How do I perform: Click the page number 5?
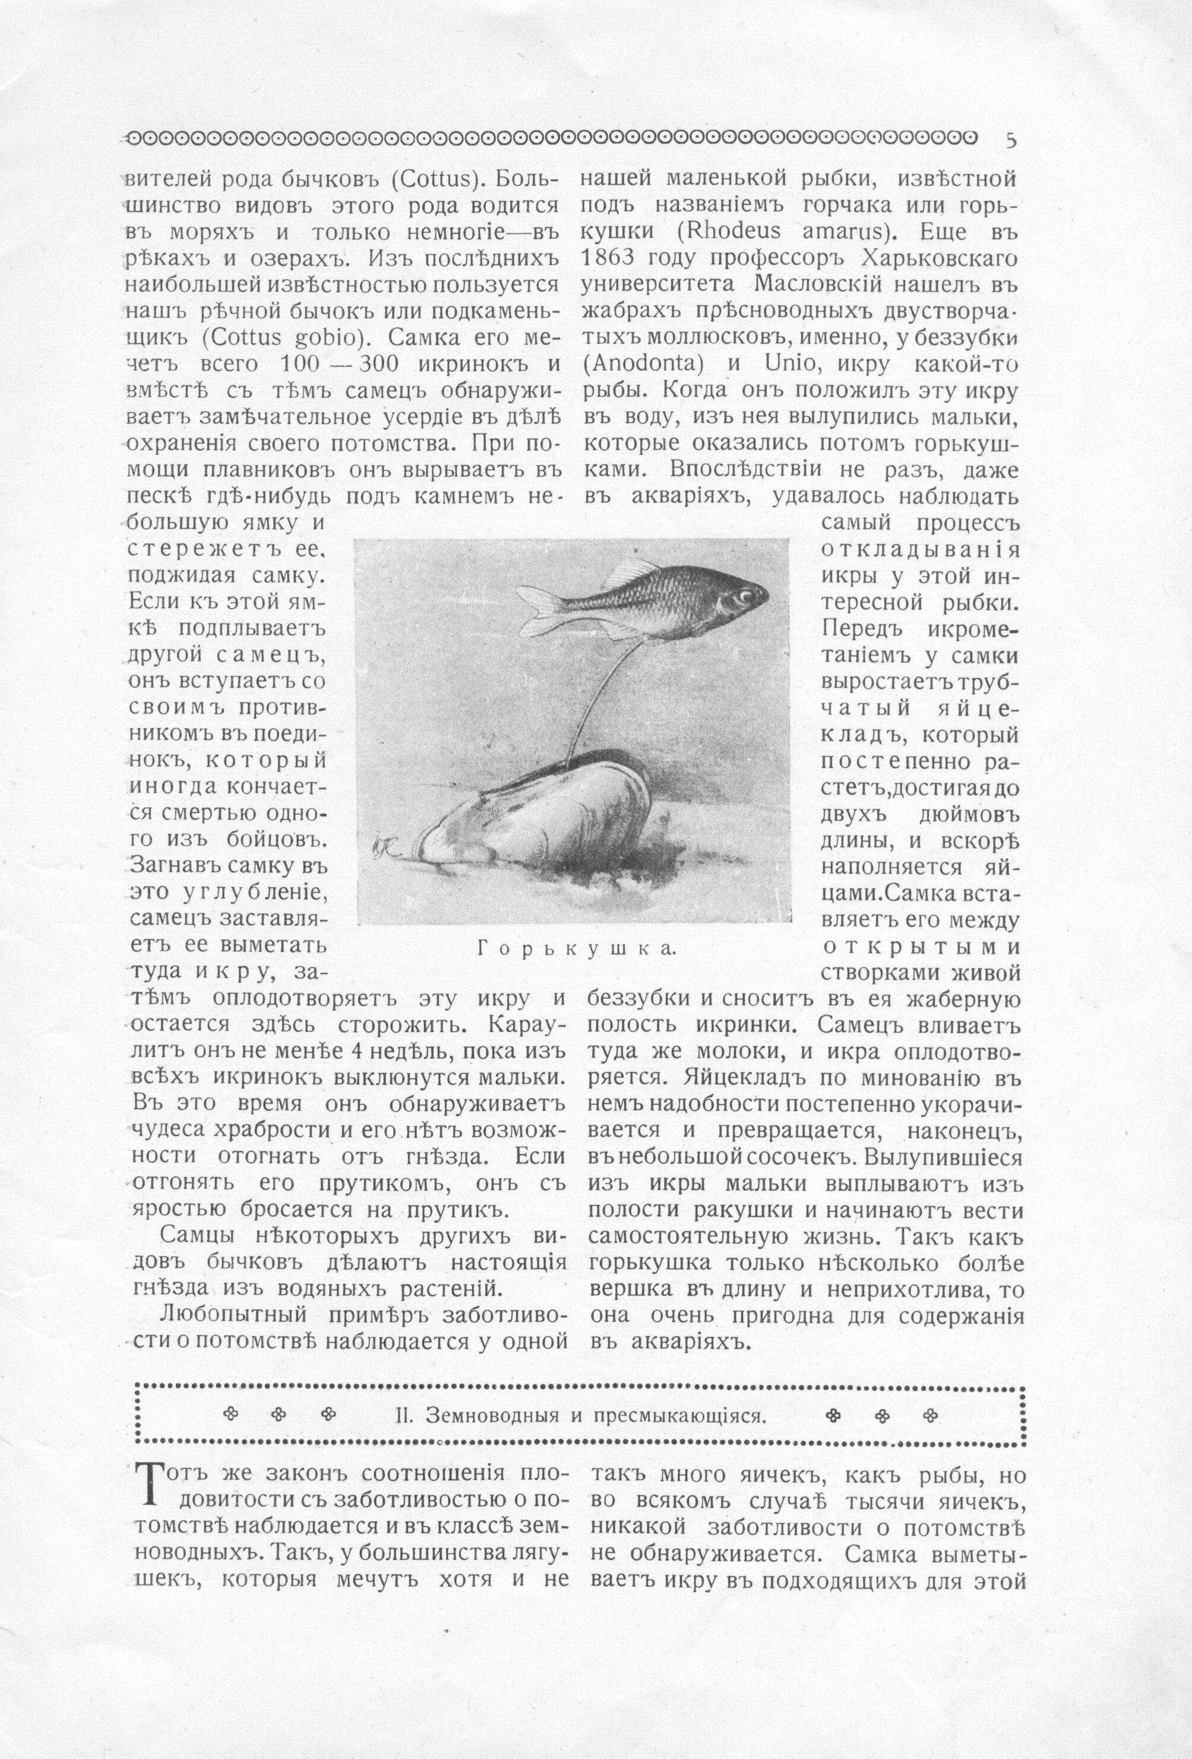coord(1011,140)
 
